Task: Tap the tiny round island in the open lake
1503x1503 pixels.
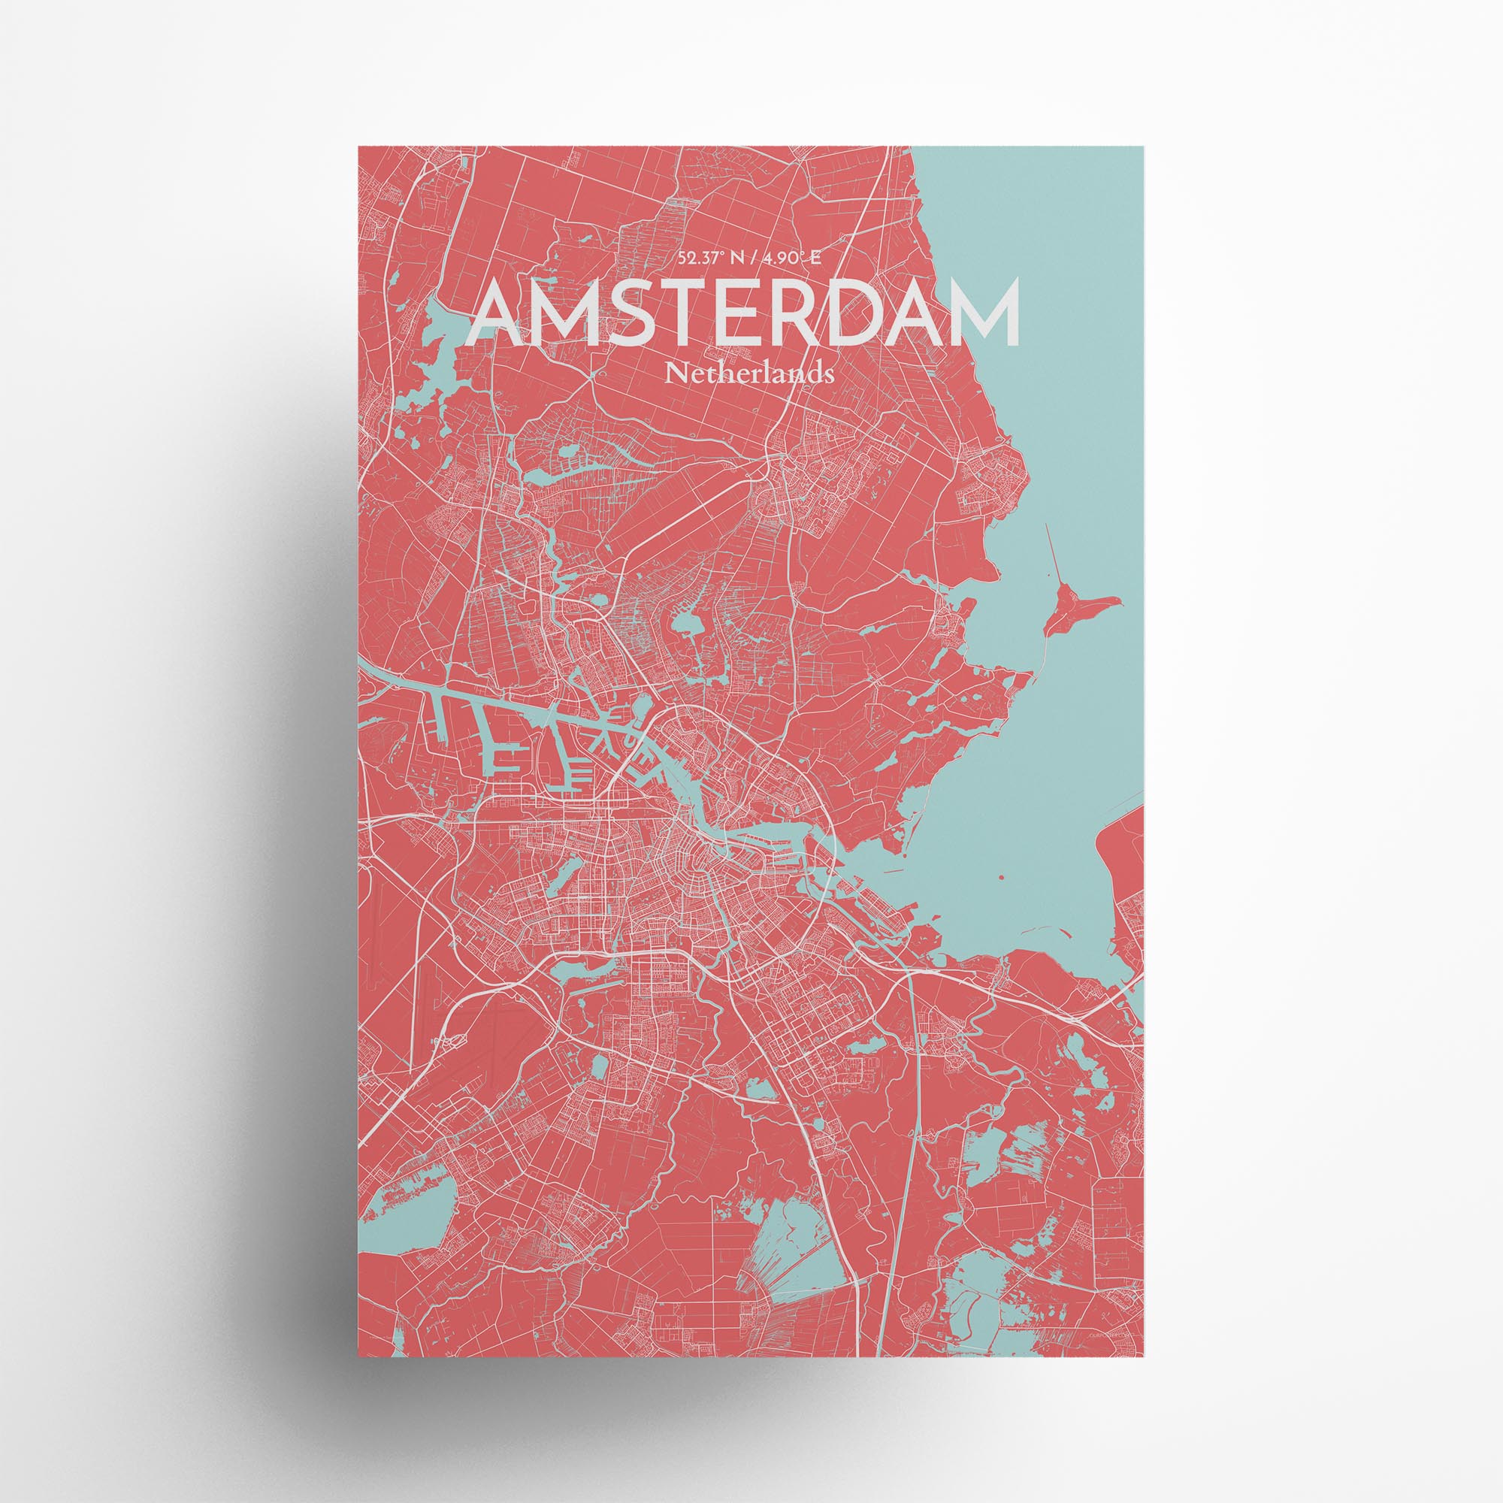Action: pyautogui.click(x=1000, y=878)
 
